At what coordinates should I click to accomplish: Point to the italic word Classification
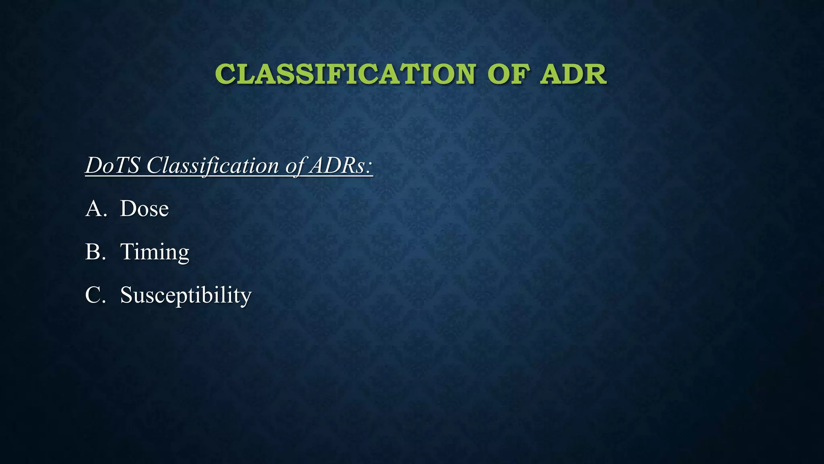coord(212,165)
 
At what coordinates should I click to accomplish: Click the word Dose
coord(144,209)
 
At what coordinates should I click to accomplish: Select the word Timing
coord(154,253)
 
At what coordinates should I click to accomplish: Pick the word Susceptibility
coord(185,295)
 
